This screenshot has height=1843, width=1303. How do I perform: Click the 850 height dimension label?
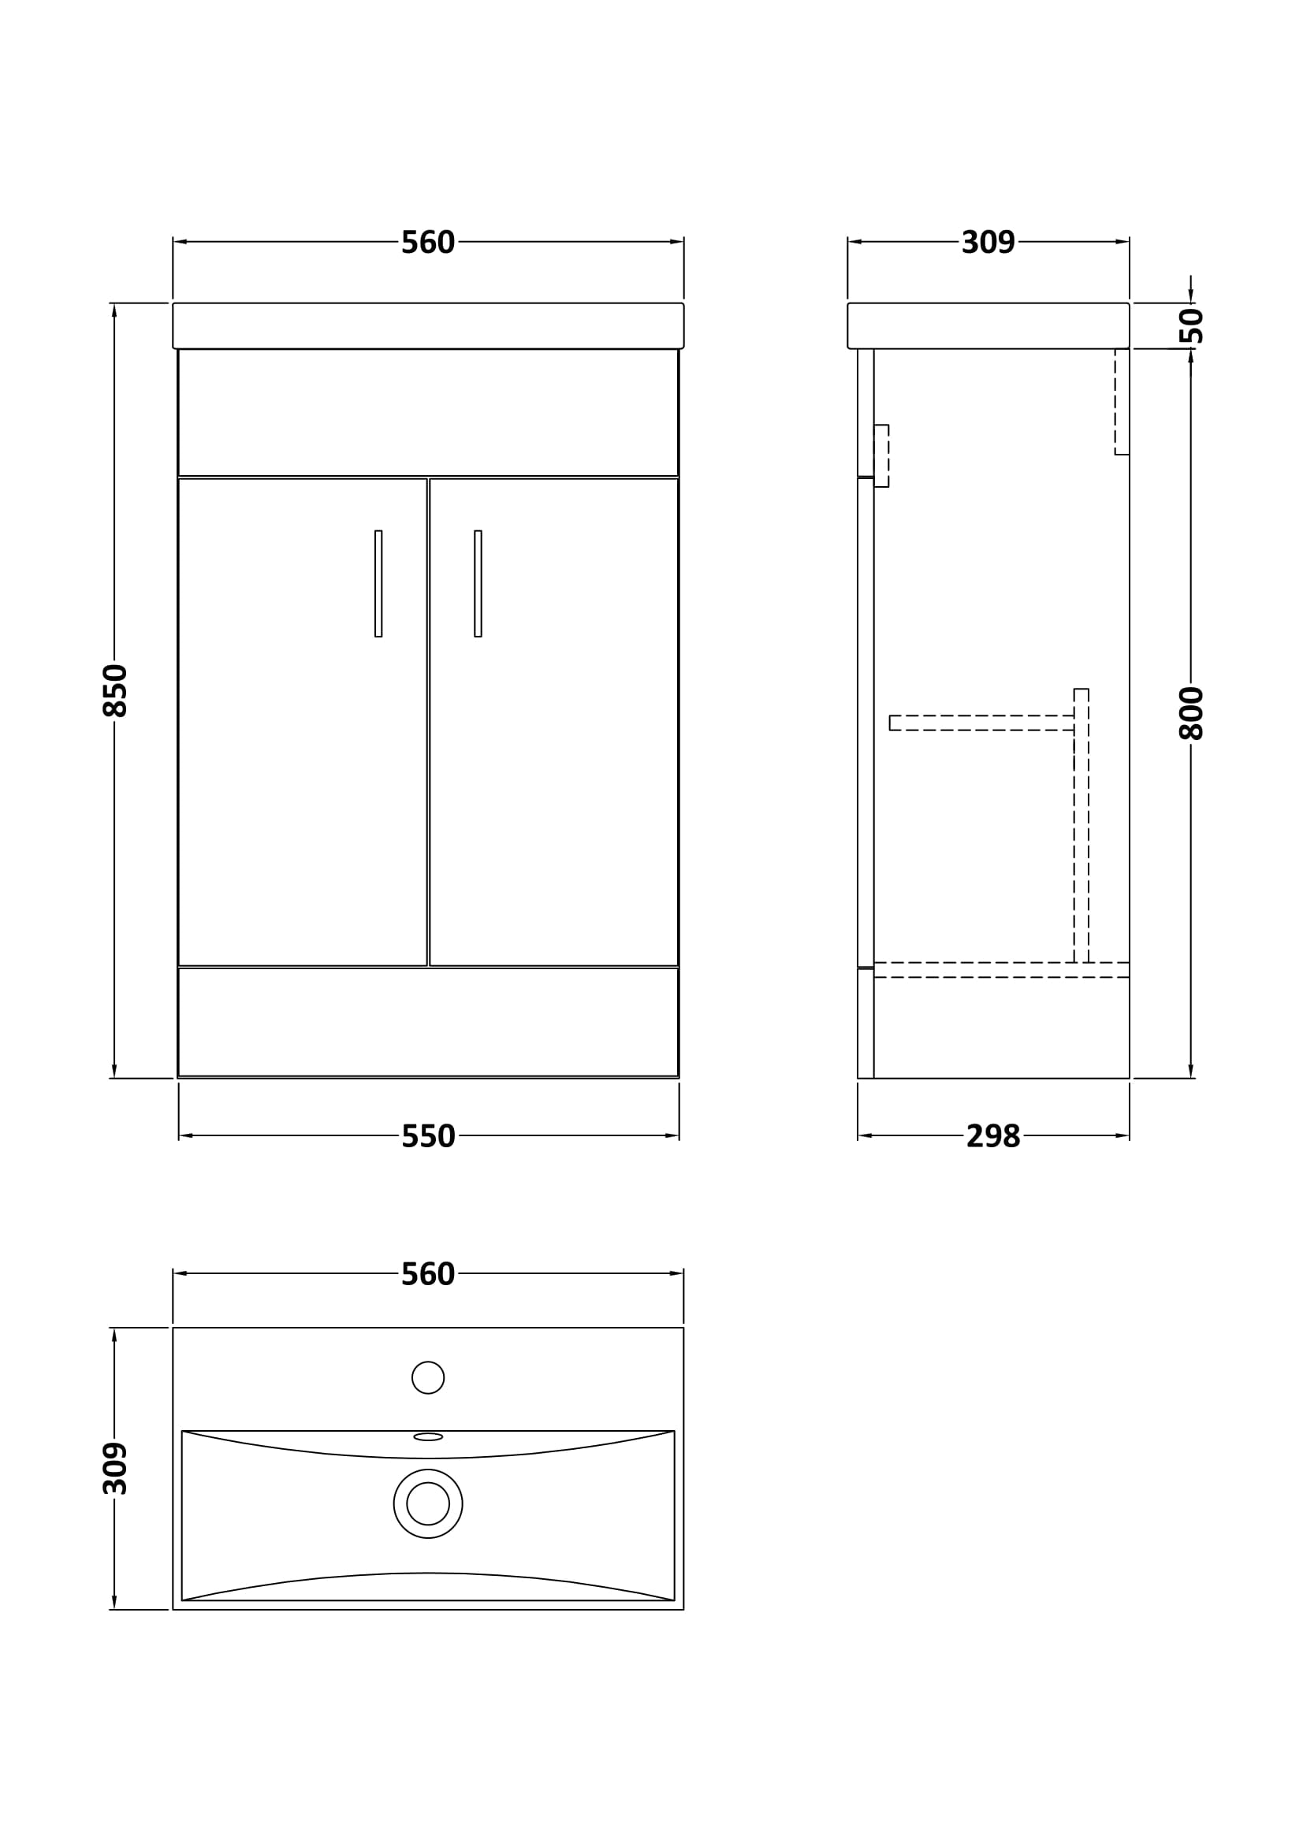tap(116, 689)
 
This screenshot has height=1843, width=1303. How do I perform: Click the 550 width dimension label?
tap(428, 1136)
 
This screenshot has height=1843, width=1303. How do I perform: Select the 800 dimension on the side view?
tap(1191, 713)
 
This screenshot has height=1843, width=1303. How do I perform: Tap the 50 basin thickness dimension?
tap(1193, 325)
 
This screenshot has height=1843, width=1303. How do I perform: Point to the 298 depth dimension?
tap(992, 1136)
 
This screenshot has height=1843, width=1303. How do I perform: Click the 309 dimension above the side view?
tap(988, 243)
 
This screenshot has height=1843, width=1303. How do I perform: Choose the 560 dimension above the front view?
tap(428, 243)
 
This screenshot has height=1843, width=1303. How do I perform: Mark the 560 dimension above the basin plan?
tap(428, 1275)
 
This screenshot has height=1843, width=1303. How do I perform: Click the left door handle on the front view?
tap(378, 584)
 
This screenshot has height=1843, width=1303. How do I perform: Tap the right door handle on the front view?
tap(478, 584)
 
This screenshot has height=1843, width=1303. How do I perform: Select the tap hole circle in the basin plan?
tap(428, 1377)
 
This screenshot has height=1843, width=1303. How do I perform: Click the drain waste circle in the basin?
tap(428, 1503)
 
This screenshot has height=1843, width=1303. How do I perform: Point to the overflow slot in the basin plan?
tap(428, 1437)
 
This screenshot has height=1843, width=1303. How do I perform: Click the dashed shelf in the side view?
tap(981, 723)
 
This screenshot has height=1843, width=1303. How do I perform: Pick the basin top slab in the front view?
tap(428, 325)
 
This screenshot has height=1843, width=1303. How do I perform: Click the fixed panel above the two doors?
tap(428, 412)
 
